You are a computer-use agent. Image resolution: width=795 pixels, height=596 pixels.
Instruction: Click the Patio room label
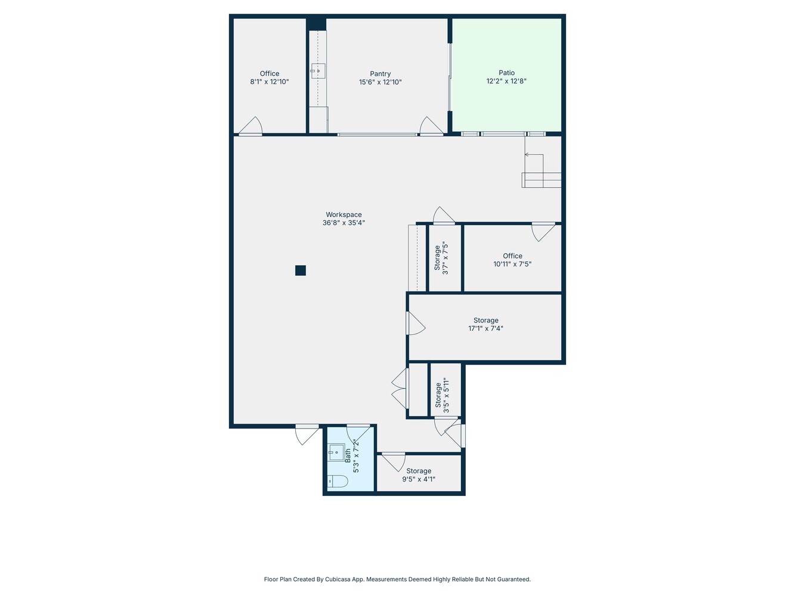(x=506, y=73)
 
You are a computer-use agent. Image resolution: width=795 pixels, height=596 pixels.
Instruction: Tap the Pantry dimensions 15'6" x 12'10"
(x=381, y=82)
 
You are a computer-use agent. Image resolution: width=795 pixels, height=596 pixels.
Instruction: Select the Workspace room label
(x=344, y=215)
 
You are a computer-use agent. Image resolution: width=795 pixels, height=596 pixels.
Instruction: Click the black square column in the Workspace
(x=300, y=271)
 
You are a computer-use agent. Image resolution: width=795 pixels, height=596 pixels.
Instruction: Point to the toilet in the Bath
(x=338, y=482)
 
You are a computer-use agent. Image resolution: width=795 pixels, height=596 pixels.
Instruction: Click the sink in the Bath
(x=336, y=452)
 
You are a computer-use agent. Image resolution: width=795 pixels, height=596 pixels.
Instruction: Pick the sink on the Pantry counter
(x=318, y=71)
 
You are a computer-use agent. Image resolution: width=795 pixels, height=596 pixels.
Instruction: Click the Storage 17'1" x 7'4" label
(x=486, y=325)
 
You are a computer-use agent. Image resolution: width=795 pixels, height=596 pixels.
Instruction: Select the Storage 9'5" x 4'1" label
(x=419, y=475)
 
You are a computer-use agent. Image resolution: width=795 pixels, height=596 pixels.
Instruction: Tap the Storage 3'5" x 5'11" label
(x=443, y=395)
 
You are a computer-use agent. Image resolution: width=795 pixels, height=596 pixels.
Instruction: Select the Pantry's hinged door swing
(x=431, y=125)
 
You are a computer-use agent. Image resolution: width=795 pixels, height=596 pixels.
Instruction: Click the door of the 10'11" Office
(x=543, y=232)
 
